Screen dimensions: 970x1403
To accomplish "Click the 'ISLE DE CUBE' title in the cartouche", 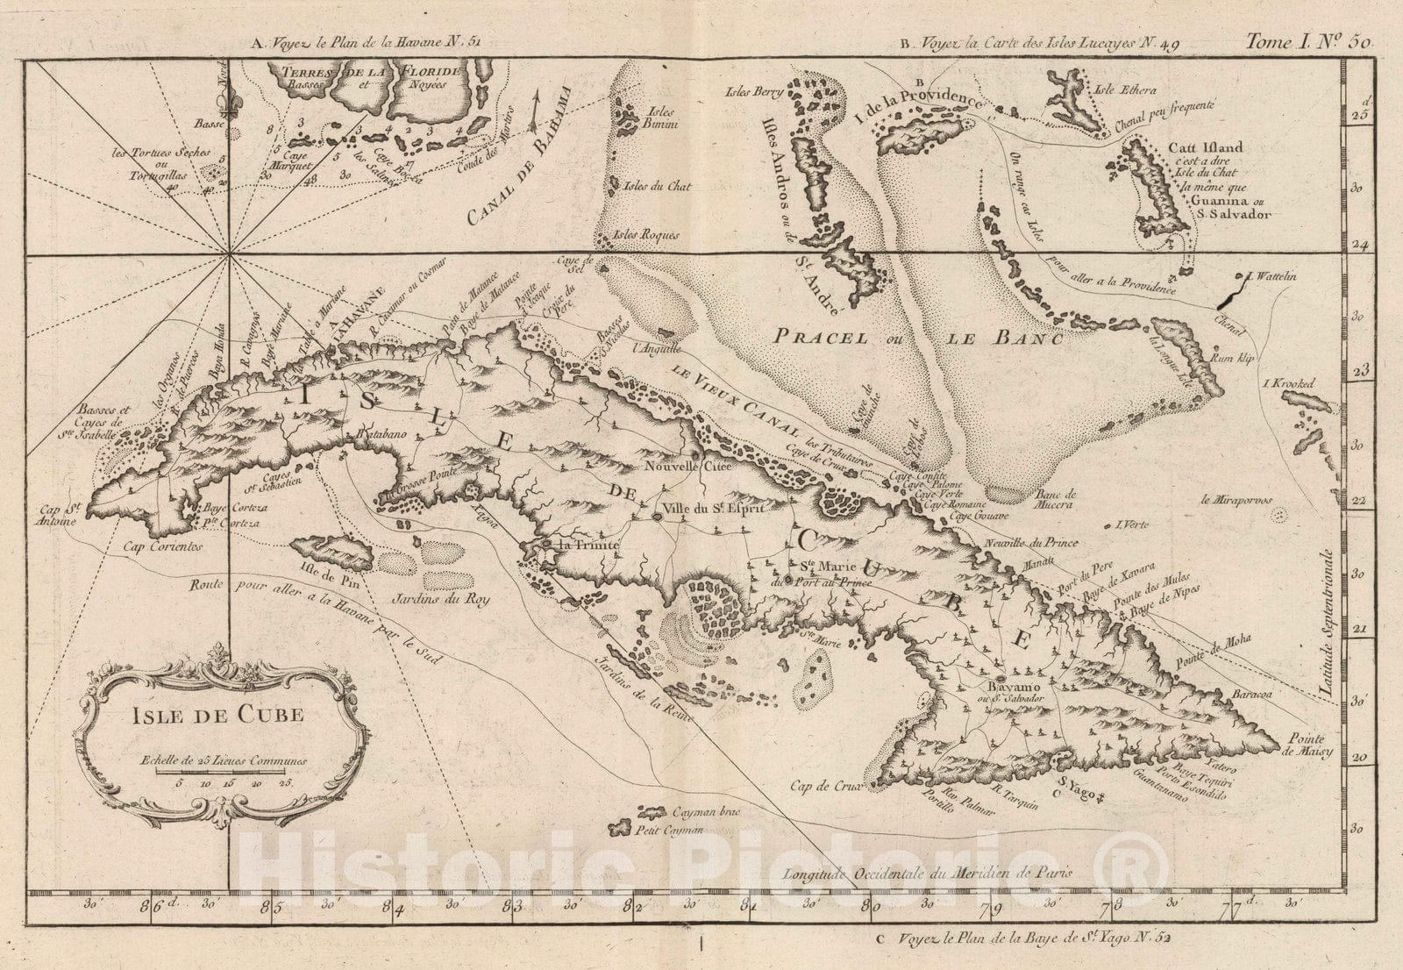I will point(217,715).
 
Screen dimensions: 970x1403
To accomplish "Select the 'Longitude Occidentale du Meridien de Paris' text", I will point(929,874).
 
